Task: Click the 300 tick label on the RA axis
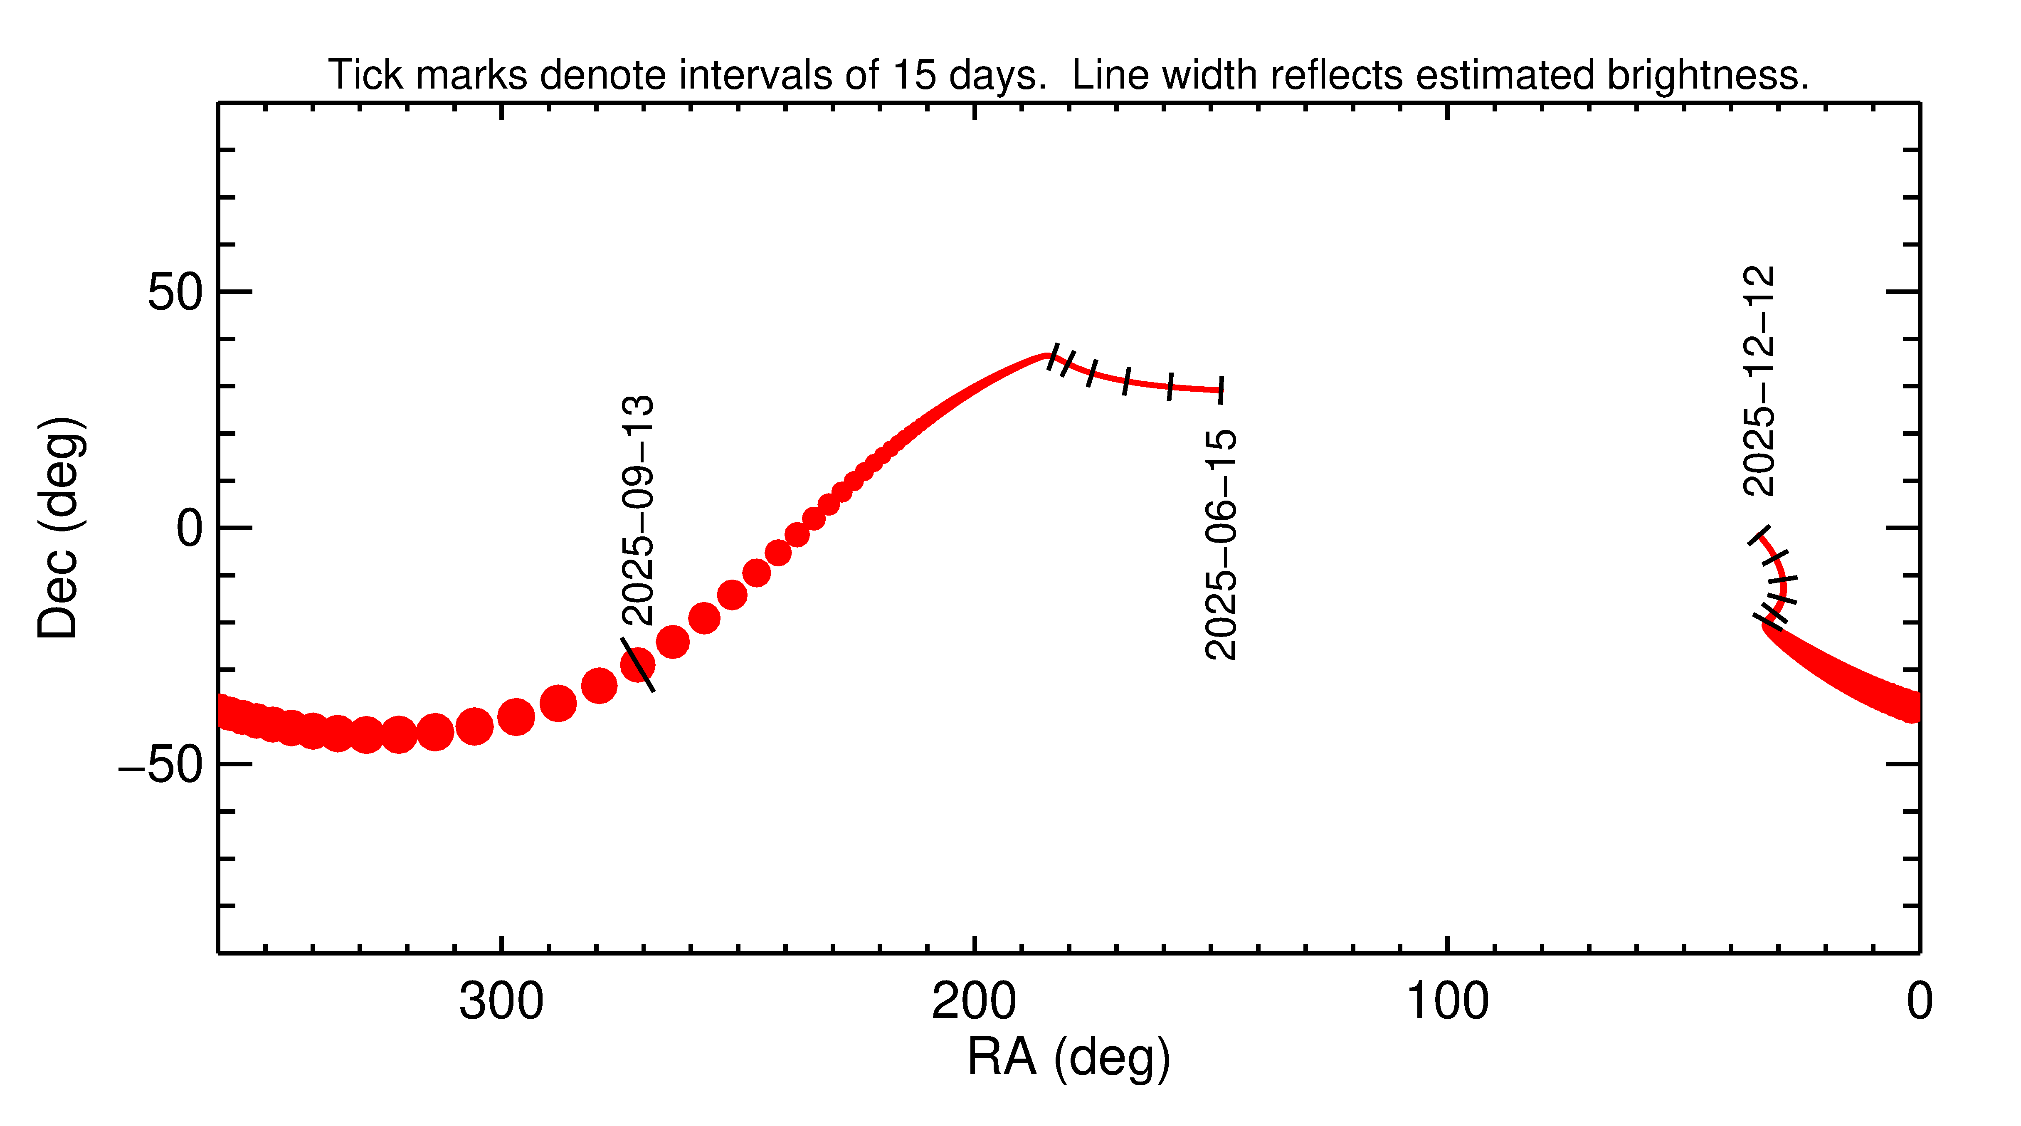coord(501,1002)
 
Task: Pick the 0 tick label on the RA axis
coord(1919,1002)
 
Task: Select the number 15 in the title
coord(914,75)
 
